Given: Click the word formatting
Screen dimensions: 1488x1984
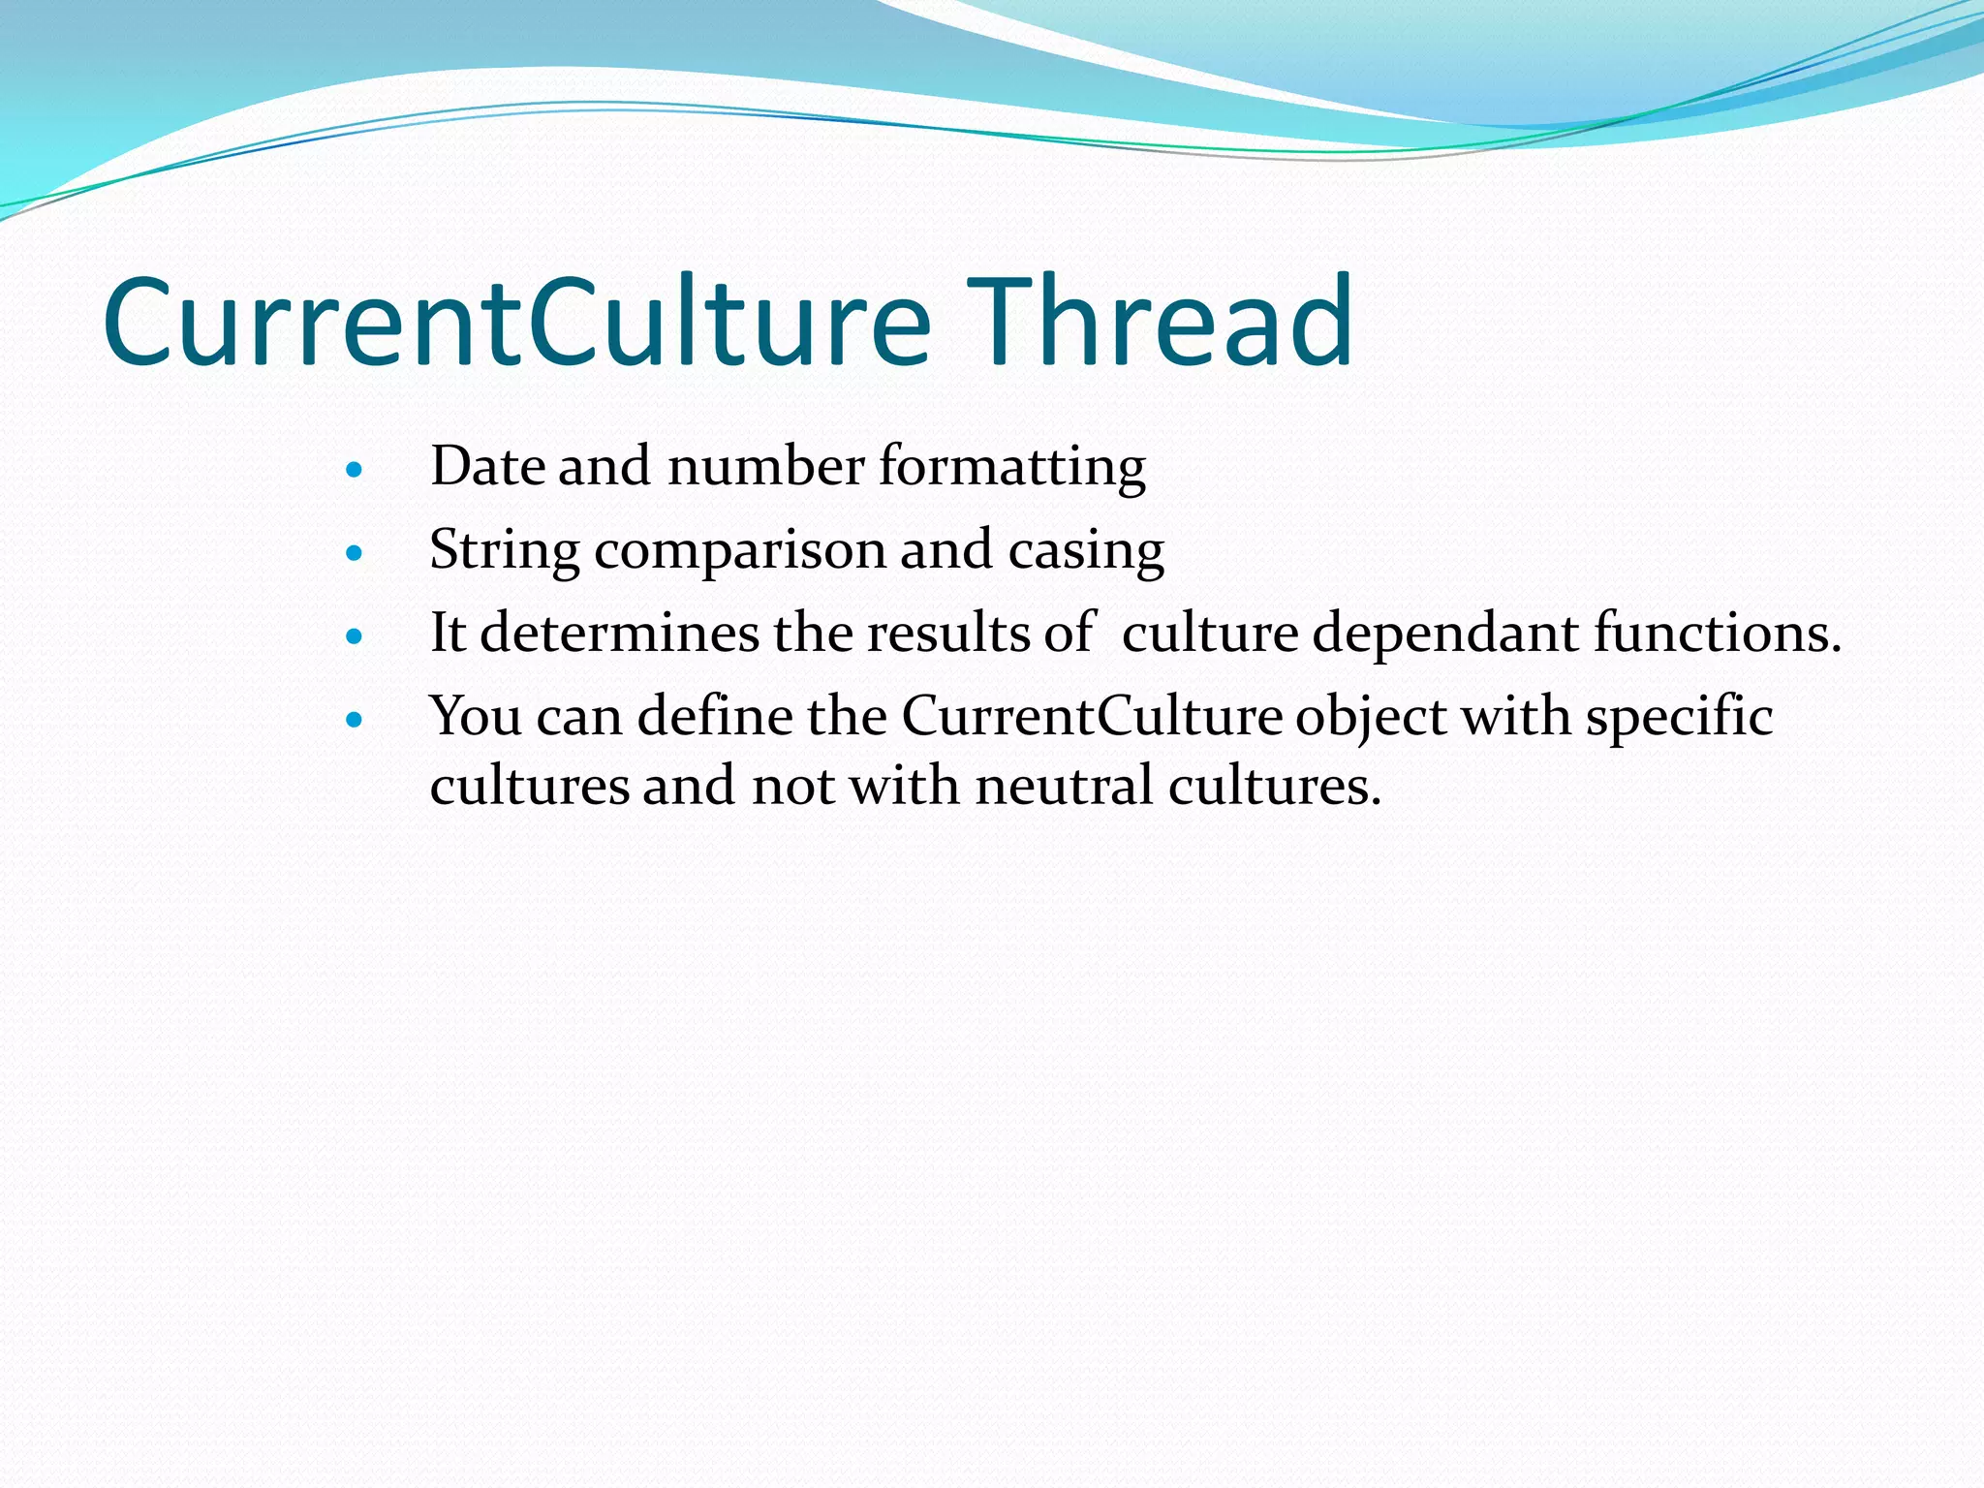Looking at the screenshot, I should (x=1012, y=468).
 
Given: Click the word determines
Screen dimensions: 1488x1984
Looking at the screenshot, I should (x=619, y=634).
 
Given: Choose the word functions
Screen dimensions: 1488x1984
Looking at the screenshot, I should (x=1718, y=634).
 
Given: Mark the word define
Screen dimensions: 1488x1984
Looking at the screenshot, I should (x=714, y=717).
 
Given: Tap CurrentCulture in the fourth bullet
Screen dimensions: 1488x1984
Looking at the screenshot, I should (x=1092, y=717).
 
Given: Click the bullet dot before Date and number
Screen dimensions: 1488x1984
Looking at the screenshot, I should (x=354, y=471).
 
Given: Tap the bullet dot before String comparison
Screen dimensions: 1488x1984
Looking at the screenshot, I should (x=354, y=554).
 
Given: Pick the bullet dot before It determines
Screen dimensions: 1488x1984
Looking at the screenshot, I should (x=354, y=636).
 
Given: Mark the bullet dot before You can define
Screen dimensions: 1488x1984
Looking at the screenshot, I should (x=354, y=720).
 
